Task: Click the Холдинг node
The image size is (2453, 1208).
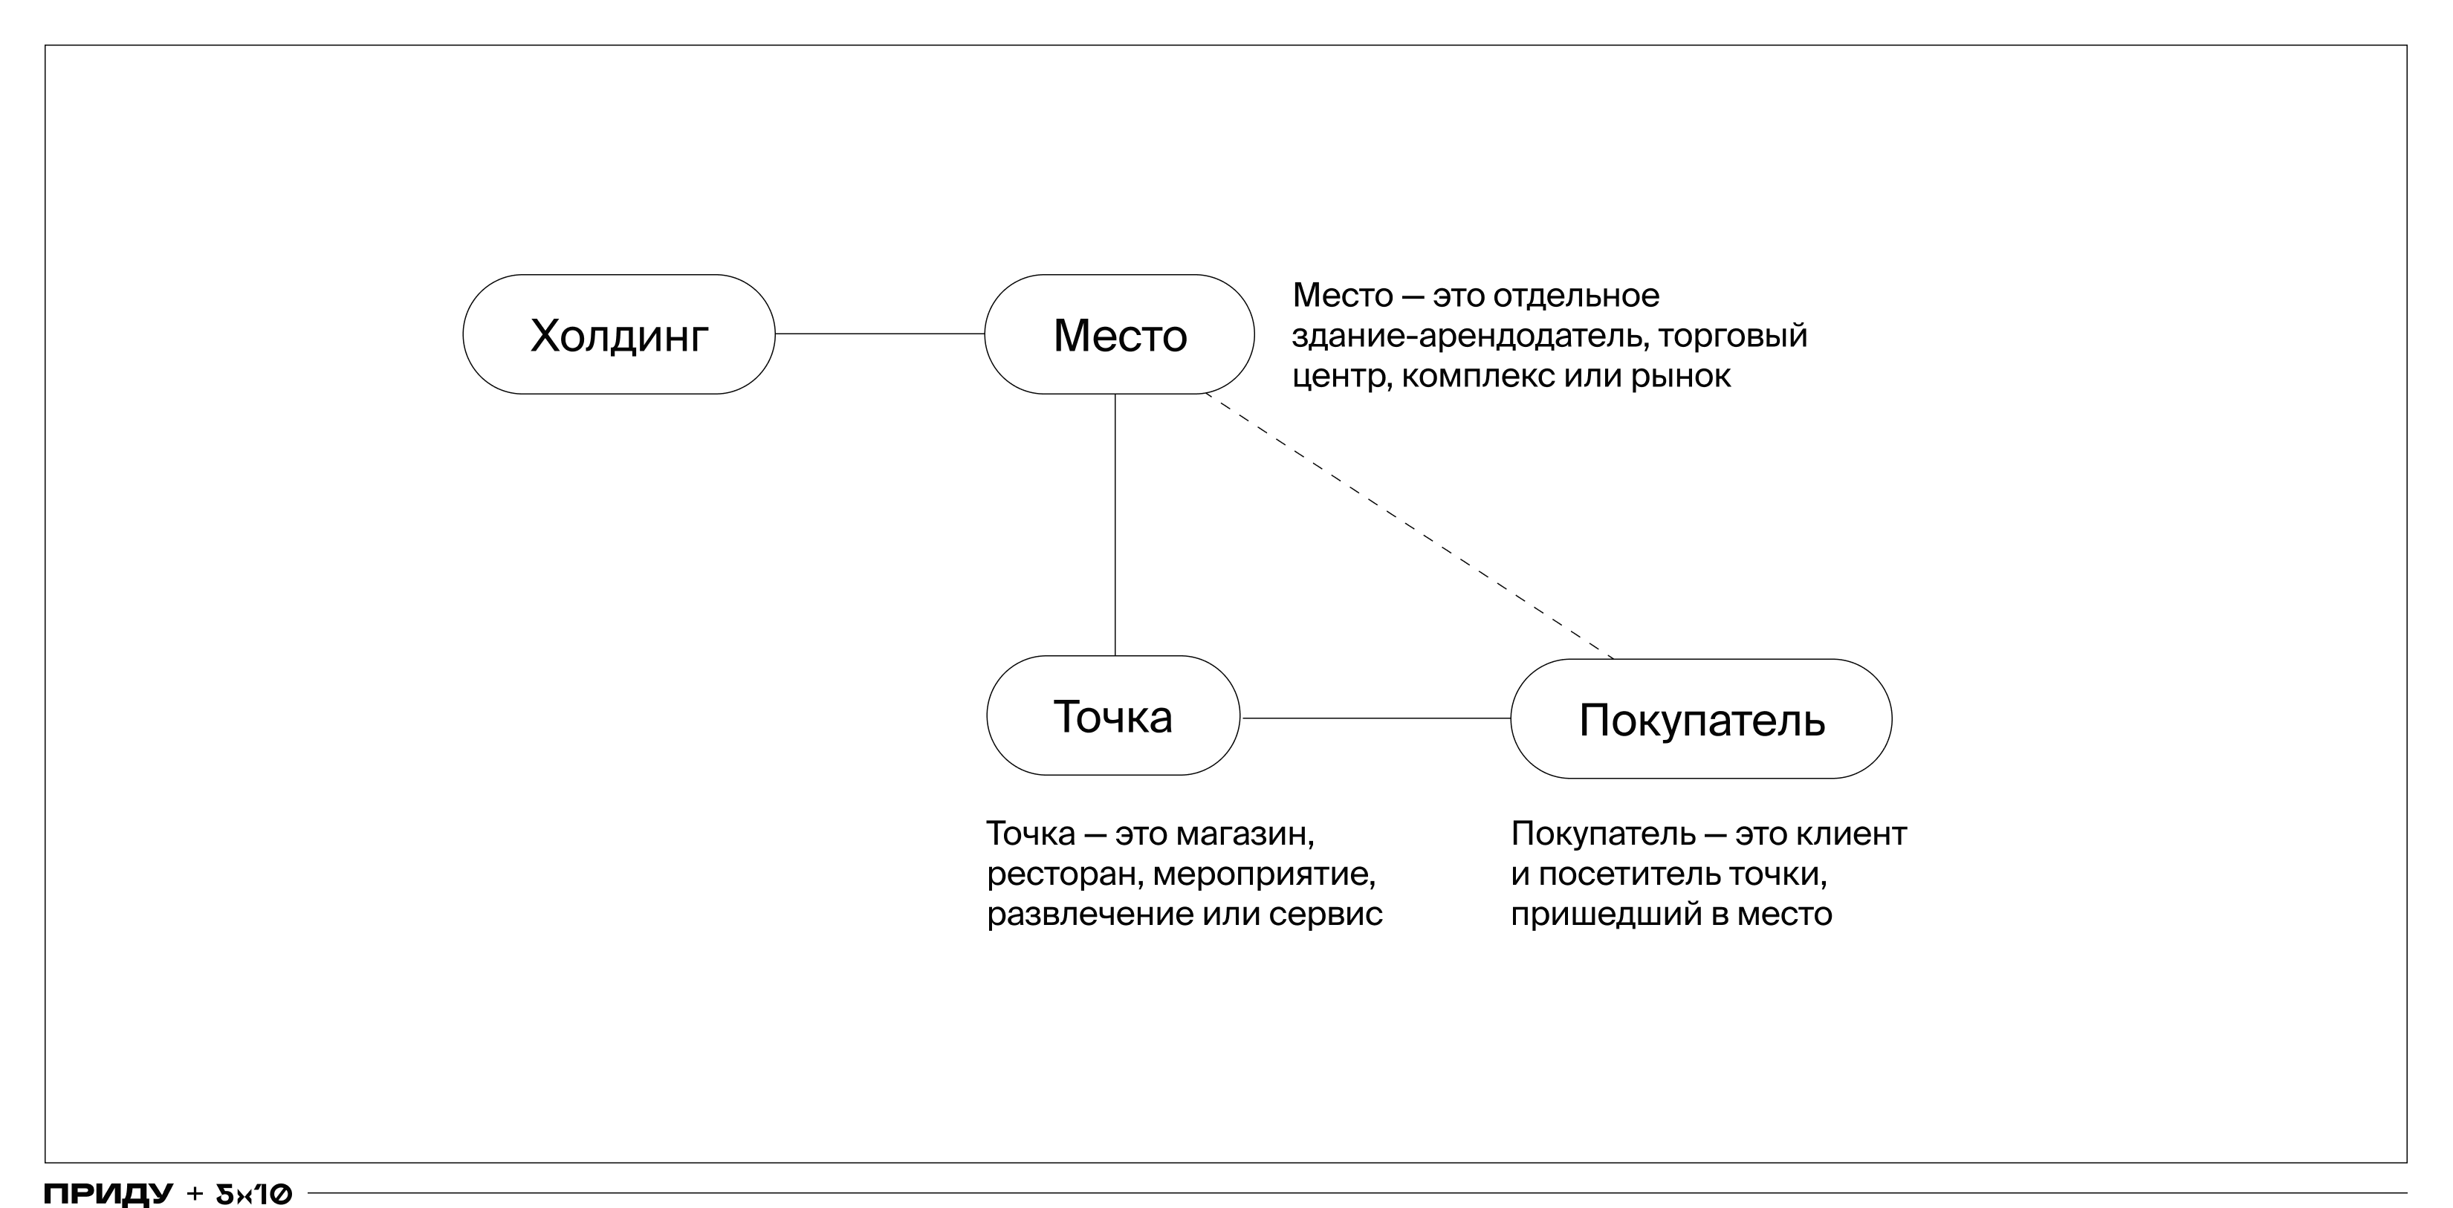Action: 619,334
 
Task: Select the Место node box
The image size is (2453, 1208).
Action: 1120,334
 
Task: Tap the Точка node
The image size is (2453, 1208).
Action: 1113,715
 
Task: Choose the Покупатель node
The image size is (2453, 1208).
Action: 1702,718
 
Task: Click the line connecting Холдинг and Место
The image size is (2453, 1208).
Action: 880,334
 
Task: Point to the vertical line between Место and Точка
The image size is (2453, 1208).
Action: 1115,525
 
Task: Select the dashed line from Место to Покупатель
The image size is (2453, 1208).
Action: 1410,525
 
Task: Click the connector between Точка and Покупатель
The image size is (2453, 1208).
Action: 1376,718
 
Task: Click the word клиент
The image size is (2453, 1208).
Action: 1850,834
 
